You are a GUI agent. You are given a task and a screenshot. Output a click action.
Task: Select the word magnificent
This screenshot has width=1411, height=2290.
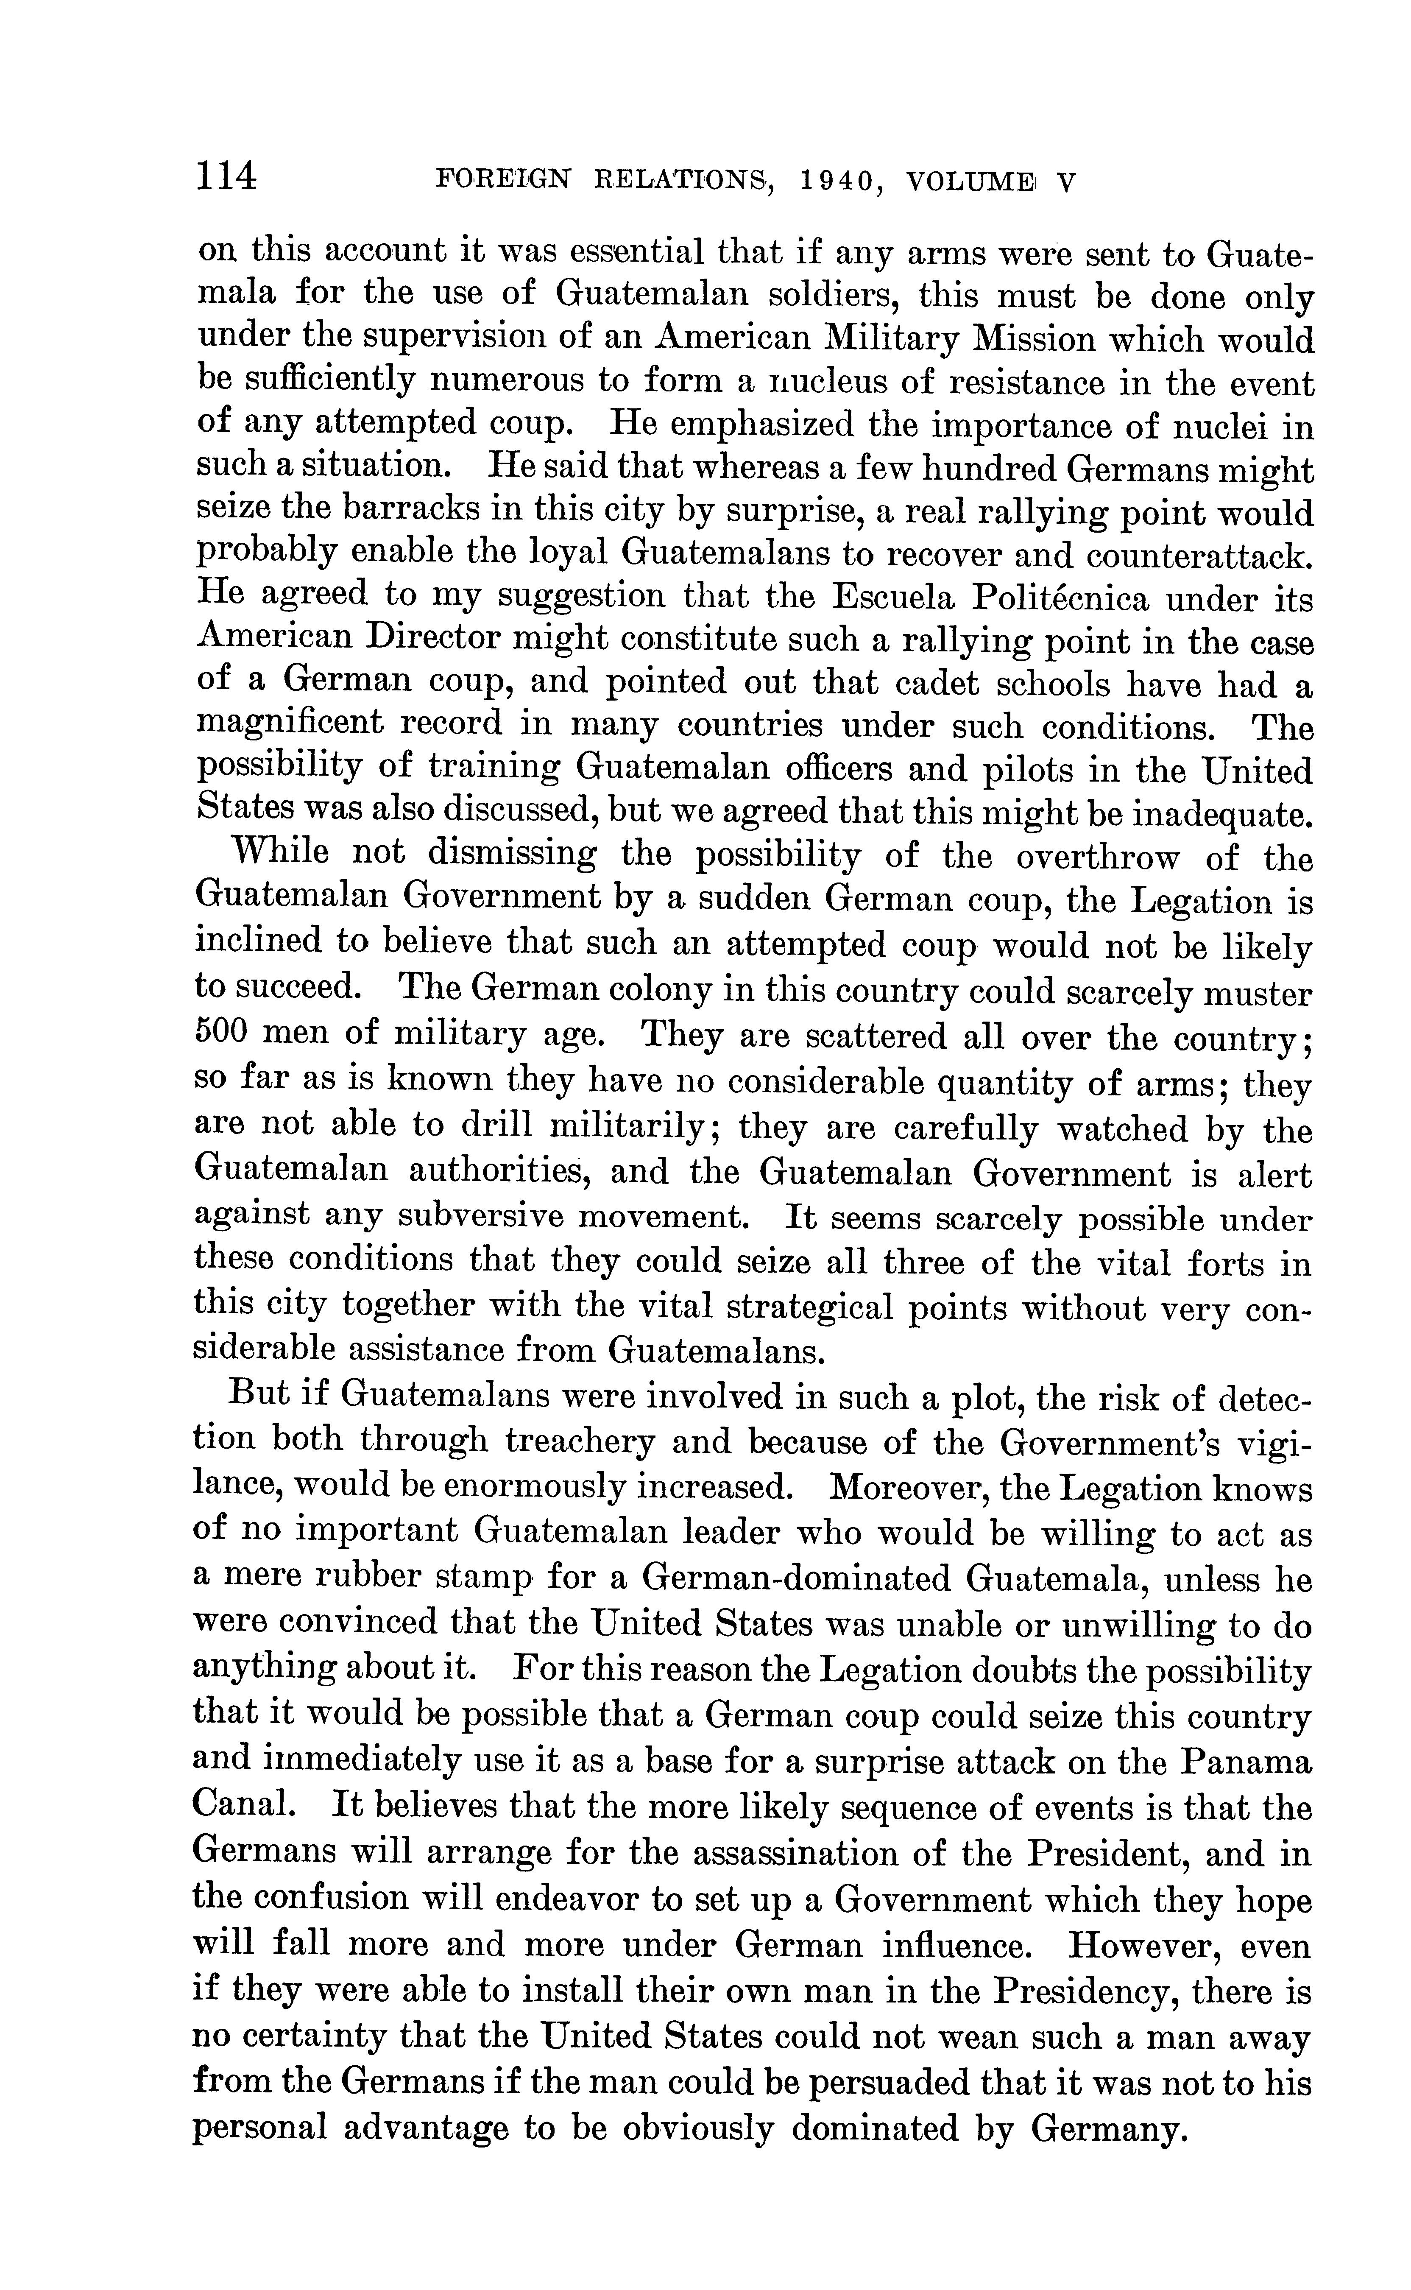[x=289, y=723]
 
